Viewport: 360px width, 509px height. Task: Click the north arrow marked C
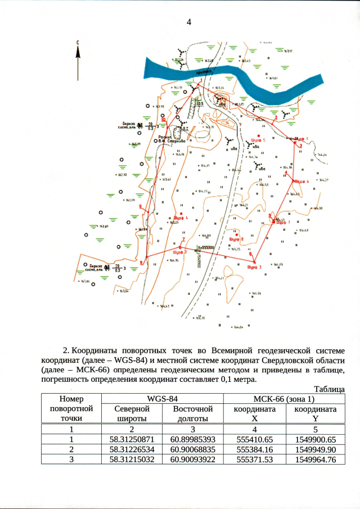click(x=77, y=59)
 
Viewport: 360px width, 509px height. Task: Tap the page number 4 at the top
click(x=189, y=22)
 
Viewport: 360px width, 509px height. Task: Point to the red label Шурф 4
click(x=181, y=217)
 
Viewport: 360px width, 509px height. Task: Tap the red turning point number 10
click(x=163, y=120)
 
